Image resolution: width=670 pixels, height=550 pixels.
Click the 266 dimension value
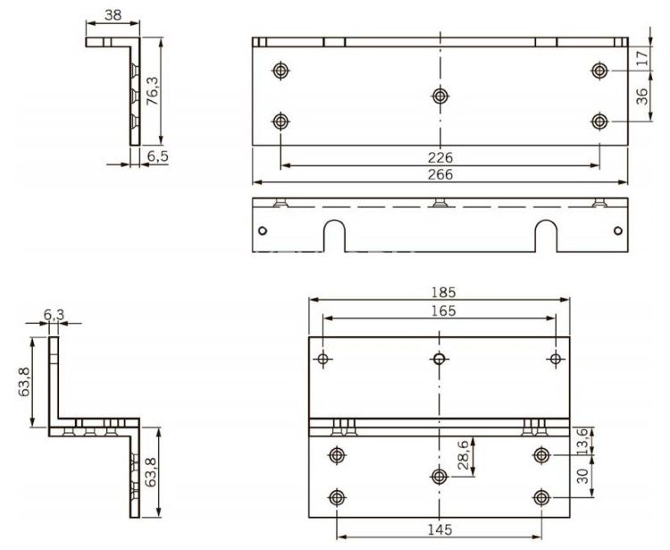(x=440, y=175)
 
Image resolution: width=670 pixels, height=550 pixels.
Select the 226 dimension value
(x=440, y=157)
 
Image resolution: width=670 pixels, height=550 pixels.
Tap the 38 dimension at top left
(x=113, y=15)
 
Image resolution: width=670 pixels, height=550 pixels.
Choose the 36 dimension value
(x=642, y=97)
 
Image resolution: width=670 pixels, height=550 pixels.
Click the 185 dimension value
(x=440, y=291)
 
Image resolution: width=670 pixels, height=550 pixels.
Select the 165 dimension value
(x=440, y=310)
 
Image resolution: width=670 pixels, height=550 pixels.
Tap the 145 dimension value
(x=438, y=530)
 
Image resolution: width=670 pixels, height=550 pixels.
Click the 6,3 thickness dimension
(x=53, y=315)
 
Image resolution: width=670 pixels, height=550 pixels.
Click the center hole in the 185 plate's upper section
(x=439, y=360)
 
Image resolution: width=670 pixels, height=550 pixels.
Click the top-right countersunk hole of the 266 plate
(x=599, y=70)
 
